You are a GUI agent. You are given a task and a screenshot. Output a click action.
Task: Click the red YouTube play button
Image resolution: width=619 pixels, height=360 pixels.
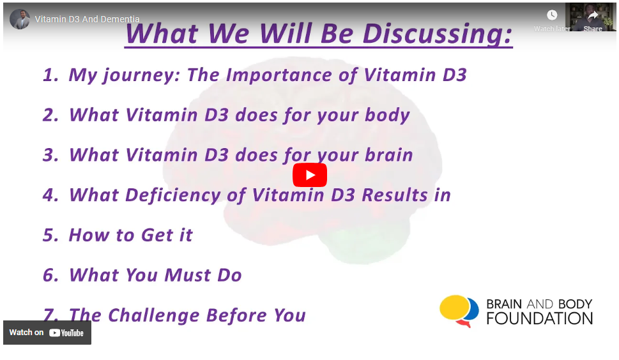tap(309, 175)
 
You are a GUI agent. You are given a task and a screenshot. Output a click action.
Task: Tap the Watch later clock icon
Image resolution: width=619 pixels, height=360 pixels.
tap(552, 15)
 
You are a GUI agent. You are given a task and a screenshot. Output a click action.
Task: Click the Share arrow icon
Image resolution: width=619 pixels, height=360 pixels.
tap(593, 15)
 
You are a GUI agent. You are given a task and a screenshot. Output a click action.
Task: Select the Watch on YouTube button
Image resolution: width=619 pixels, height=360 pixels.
tap(47, 333)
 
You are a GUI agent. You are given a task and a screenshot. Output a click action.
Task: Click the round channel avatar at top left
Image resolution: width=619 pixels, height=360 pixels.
tap(20, 19)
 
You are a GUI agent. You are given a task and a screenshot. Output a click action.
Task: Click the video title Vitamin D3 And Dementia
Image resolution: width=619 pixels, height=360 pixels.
tap(87, 19)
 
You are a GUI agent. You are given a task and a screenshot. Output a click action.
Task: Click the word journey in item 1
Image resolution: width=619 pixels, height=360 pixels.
tap(141, 75)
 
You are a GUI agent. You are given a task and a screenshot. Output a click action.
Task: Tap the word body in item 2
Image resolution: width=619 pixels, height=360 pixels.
tap(387, 115)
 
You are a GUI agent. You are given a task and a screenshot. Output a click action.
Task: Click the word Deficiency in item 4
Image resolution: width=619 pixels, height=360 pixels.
tap(173, 195)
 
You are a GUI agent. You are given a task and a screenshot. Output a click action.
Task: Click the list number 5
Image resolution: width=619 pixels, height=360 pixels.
tap(50, 236)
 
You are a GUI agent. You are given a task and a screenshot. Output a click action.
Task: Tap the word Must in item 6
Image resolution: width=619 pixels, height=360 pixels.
tap(187, 275)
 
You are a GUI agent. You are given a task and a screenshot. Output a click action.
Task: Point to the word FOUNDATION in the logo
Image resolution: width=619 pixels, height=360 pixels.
tap(540, 319)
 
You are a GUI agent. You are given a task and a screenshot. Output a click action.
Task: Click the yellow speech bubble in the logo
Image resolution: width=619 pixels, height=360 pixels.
tap(455, 307)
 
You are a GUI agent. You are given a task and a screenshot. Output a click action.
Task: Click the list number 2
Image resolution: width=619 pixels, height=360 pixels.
tap(50, 115)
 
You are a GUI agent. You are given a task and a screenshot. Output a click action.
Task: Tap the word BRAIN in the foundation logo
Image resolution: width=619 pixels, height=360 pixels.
tap(504, 304)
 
